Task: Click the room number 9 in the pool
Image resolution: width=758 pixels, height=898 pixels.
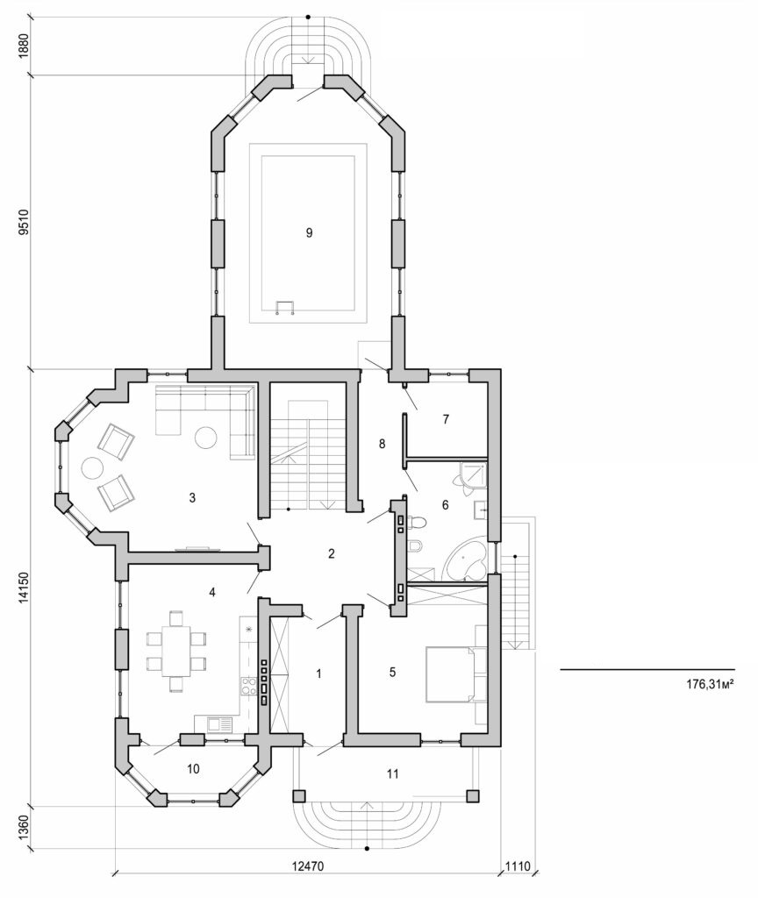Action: point(308,232)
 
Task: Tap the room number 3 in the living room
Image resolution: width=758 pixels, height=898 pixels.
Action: point(192,498)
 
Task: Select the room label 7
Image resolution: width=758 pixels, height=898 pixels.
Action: point(446,420)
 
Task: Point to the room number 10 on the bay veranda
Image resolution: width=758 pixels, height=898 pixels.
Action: point(194,769)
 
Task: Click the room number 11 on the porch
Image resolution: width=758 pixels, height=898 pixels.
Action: point(392,773)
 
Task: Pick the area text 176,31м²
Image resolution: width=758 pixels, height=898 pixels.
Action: point(710,684)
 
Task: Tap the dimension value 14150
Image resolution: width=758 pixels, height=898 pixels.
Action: point(25,587)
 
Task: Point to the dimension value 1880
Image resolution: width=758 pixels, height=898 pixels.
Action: point(25,44)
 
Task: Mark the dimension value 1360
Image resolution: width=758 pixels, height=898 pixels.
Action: point(25,828)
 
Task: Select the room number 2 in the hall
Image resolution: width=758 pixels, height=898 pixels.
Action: point(331,553)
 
